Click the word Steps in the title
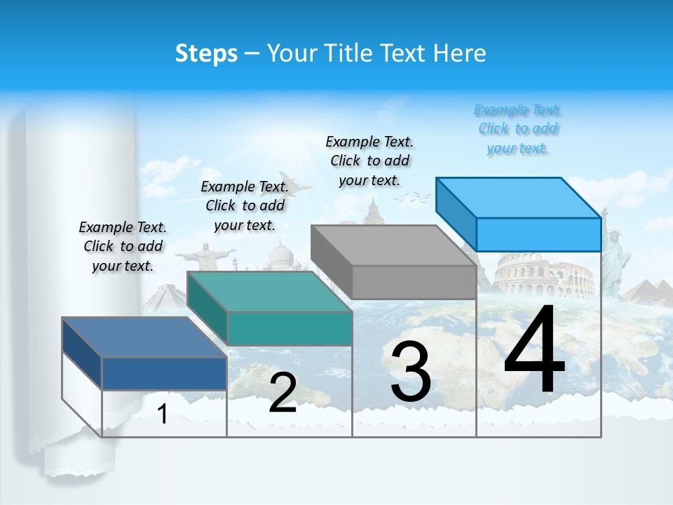click(x=206, y=53)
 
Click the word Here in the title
click(x=460, y=53)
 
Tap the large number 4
click(x=534, y=351)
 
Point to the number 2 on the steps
click(x=283, y=393)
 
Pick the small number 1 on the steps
click(x=163, y=415)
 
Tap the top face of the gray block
click(x=393, y=245)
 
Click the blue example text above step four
click(x=518, y=129)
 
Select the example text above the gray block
click(x=369, y=161)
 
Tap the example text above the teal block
click(x=245, y=206)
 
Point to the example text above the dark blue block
click(x=123, y=246)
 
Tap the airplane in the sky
click(x=292, y=183)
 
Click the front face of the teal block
click(x=290, y=328)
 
